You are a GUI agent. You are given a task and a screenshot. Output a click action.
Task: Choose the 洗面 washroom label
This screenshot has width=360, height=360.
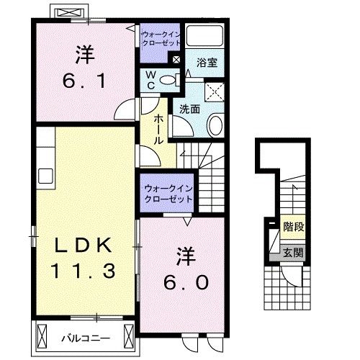pyautogui.click(x=189, y=109)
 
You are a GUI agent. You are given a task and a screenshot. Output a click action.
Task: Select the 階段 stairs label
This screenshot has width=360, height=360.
pyautogui.click(x=292, y=225)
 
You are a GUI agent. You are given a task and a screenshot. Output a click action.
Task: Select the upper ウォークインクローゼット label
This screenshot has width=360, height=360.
pyautogui.click(x=161, y=38)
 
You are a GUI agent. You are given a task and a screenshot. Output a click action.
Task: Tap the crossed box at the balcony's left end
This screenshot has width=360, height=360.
pyautogui.click(x=43, y=336)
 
